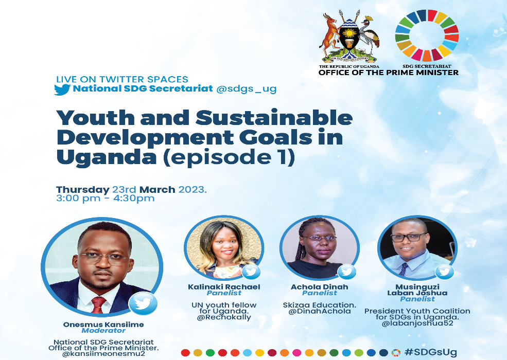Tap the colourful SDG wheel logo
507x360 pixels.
(x=427, y=35)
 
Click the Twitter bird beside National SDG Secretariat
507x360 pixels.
(x=62, y=89)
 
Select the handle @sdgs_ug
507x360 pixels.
(x=247, y=89)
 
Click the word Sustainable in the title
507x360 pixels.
(x=274, y=118)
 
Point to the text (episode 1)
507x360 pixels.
(x=229, y=157)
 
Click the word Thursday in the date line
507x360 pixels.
(x=83, y=190)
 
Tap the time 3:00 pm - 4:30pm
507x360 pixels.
(x=106, y=198)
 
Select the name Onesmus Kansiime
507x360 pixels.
(x=103, y=325)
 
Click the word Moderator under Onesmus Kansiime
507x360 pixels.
(x=103, y=331)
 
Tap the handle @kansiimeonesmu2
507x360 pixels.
(x=103, y=354)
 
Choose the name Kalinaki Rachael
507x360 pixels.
(x=224, y=287)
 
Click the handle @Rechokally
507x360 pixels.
(x=224, y=317)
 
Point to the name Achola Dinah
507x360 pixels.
(x=320, y=287)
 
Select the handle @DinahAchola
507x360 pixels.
(x=320, y=311)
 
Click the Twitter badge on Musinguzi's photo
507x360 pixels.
(x=444, y=272)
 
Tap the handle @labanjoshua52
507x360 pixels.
(x=417, y=323)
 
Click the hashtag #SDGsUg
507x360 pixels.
(x=430, y=352)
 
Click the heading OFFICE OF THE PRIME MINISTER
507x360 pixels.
(x=388, y=73)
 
